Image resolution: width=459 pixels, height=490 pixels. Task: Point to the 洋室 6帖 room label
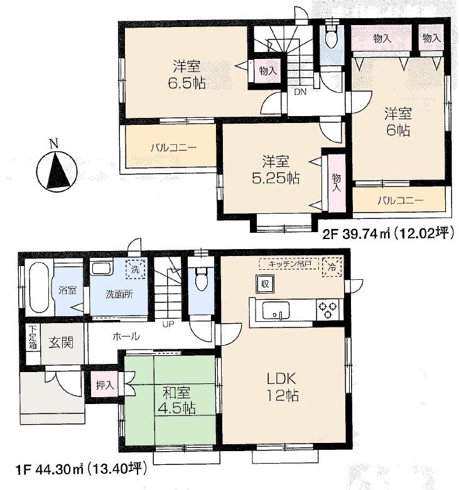tap(397, 122)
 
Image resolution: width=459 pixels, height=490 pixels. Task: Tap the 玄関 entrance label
tap(60, 343)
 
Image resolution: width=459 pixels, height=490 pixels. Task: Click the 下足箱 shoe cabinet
tap(32, 339)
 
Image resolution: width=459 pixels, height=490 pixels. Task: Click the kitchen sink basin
tap(276, 311)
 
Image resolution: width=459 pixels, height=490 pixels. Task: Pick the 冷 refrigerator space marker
tap(333, 266)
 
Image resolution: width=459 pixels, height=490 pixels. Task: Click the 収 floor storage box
tap(265, 284)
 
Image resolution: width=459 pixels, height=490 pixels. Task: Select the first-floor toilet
tap(201, 279)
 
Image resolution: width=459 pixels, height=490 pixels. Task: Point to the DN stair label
tap(301, 92)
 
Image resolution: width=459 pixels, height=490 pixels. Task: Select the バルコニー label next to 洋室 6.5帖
tap(173, 148)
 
